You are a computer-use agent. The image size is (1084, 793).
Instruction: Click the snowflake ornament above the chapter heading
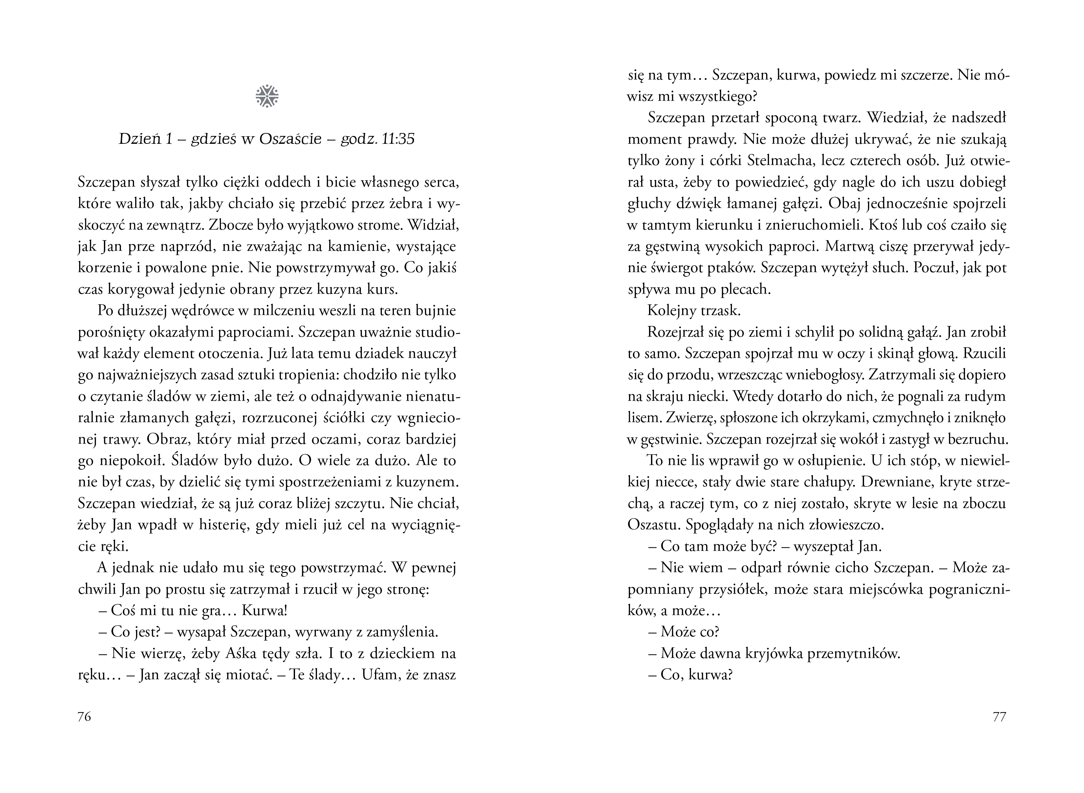pyautogui.click(x=267, y=96)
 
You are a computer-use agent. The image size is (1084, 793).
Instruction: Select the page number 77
pyautogui.click(x=999, y=717)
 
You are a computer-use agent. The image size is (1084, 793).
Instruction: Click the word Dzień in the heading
pyautogui.click(x=135, y=139)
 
